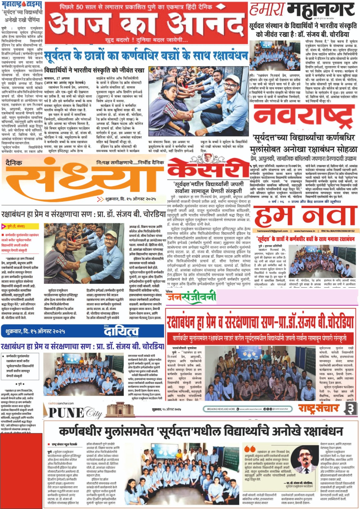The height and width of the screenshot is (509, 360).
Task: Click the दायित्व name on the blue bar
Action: pos(121,331)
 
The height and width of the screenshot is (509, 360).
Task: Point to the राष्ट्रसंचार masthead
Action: pos(318,408)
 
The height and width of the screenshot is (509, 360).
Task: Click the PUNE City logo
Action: pos(75,413)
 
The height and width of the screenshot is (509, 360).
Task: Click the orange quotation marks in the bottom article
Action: pos(250,449)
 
